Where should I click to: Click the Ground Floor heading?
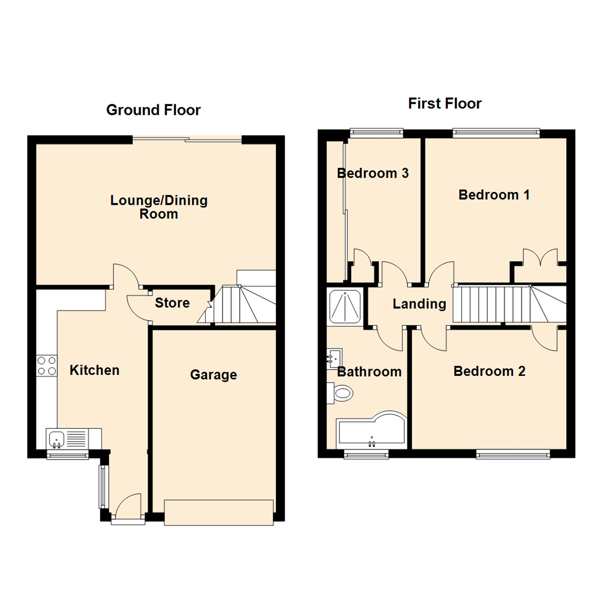[154, 110]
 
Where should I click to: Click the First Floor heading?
[444, 103]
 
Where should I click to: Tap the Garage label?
[213, 375]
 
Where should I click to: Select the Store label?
[173, 303]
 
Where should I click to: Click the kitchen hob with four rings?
[47, 365]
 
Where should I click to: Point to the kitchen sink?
[56, 438]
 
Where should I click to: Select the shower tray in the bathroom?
[346, 307]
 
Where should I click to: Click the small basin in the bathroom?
[334, 358]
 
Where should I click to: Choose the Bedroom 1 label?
[494, 195]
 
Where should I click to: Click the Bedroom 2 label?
[489, 371]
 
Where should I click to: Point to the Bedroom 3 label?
[373, 173]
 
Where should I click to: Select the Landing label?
[419, 304]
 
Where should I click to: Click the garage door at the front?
[219, 513]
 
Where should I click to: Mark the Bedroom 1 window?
[496, 133]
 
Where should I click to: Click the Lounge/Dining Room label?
[159, 207]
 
